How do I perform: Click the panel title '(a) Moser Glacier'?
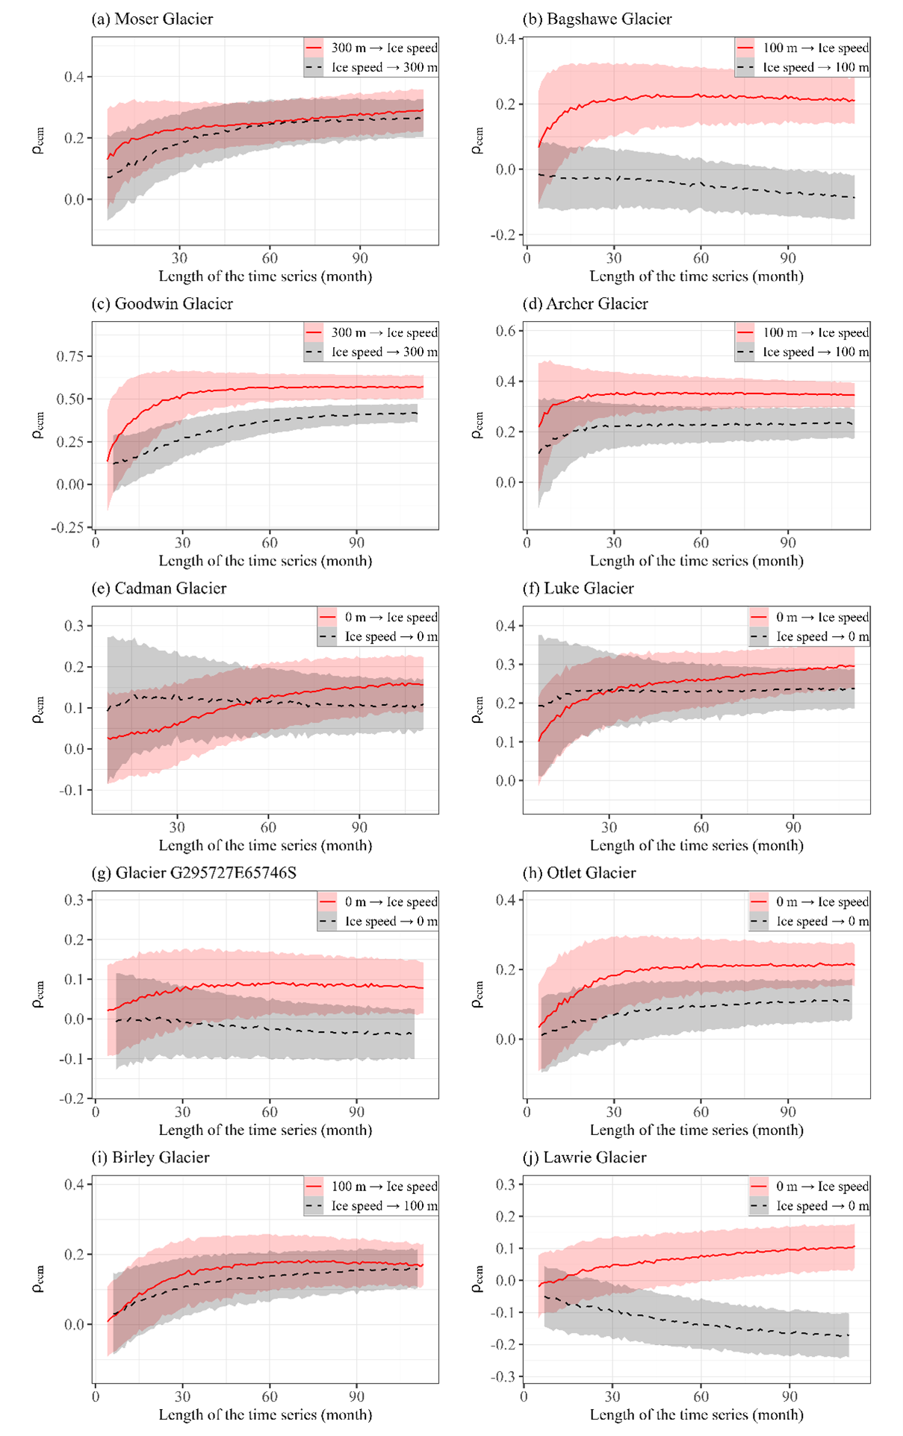(x=152, y=19)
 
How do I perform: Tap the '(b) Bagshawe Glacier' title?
(x=597, y=19)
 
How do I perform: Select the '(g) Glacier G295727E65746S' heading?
(x=194, y=873)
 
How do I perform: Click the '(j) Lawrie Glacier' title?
(x=584, y=1157)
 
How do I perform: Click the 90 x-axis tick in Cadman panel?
(x=360, y=827)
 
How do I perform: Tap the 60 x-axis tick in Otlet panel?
(x=701, y=1112)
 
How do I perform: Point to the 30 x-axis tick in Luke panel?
(x=609, y=827)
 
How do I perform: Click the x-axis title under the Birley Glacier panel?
(x=265, y=1414)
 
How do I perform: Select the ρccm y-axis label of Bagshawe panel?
(x=477, y=140)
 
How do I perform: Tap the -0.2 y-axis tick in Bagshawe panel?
(x=504, y=235)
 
